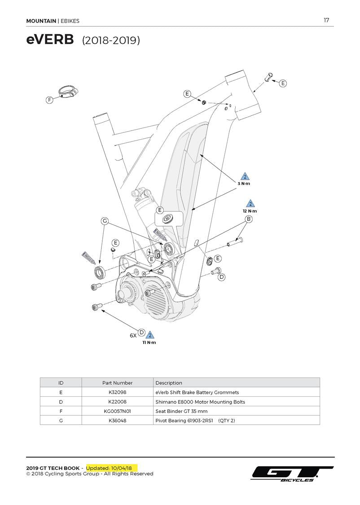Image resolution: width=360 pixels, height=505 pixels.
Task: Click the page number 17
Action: click(326, 20)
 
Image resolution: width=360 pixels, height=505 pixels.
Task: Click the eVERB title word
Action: click(50, 40)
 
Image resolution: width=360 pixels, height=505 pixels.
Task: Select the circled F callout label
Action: click(49, 100)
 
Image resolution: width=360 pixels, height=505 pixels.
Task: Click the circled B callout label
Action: click(248, 219)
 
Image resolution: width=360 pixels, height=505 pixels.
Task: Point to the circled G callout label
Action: click(105, 221)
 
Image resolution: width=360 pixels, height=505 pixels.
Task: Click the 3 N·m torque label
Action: click(244, 184)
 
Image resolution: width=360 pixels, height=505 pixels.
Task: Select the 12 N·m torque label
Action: click(250, 211)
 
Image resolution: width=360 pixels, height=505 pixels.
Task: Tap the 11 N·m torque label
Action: click(149, 343)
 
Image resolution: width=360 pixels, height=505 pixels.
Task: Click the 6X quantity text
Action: click(133, 335)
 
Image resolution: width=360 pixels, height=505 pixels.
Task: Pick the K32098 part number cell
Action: click(117, 392)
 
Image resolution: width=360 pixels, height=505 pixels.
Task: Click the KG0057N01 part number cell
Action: click(117, 411)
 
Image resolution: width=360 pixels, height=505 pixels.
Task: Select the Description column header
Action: click(169, 383)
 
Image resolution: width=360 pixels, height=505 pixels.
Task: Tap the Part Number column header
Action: click(117, 383)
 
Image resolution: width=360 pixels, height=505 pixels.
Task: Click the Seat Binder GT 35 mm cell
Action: click(181, 411)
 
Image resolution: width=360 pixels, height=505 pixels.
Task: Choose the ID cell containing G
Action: click(61, 421)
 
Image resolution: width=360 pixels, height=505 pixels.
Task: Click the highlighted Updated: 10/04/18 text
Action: click(112, 468)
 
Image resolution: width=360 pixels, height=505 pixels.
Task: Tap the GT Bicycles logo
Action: click(292, 474)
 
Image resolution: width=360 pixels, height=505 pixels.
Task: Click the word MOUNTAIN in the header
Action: click(41, 21)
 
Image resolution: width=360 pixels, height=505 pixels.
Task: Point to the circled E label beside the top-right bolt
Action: click(283, 83)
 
